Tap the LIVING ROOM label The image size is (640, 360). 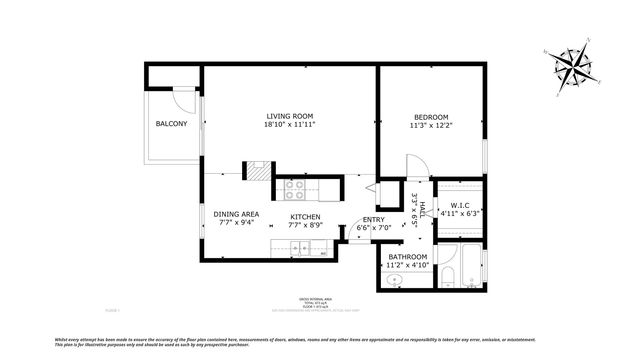point(290,115)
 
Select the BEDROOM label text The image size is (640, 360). point(432,115)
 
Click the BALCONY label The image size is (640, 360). point(171,124)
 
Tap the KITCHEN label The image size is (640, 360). point(305,217)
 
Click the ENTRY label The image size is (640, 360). point(373,220)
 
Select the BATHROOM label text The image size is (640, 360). point(408,257)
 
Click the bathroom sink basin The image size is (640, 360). point(395,280)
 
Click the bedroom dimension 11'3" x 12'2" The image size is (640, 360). point(432,126)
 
